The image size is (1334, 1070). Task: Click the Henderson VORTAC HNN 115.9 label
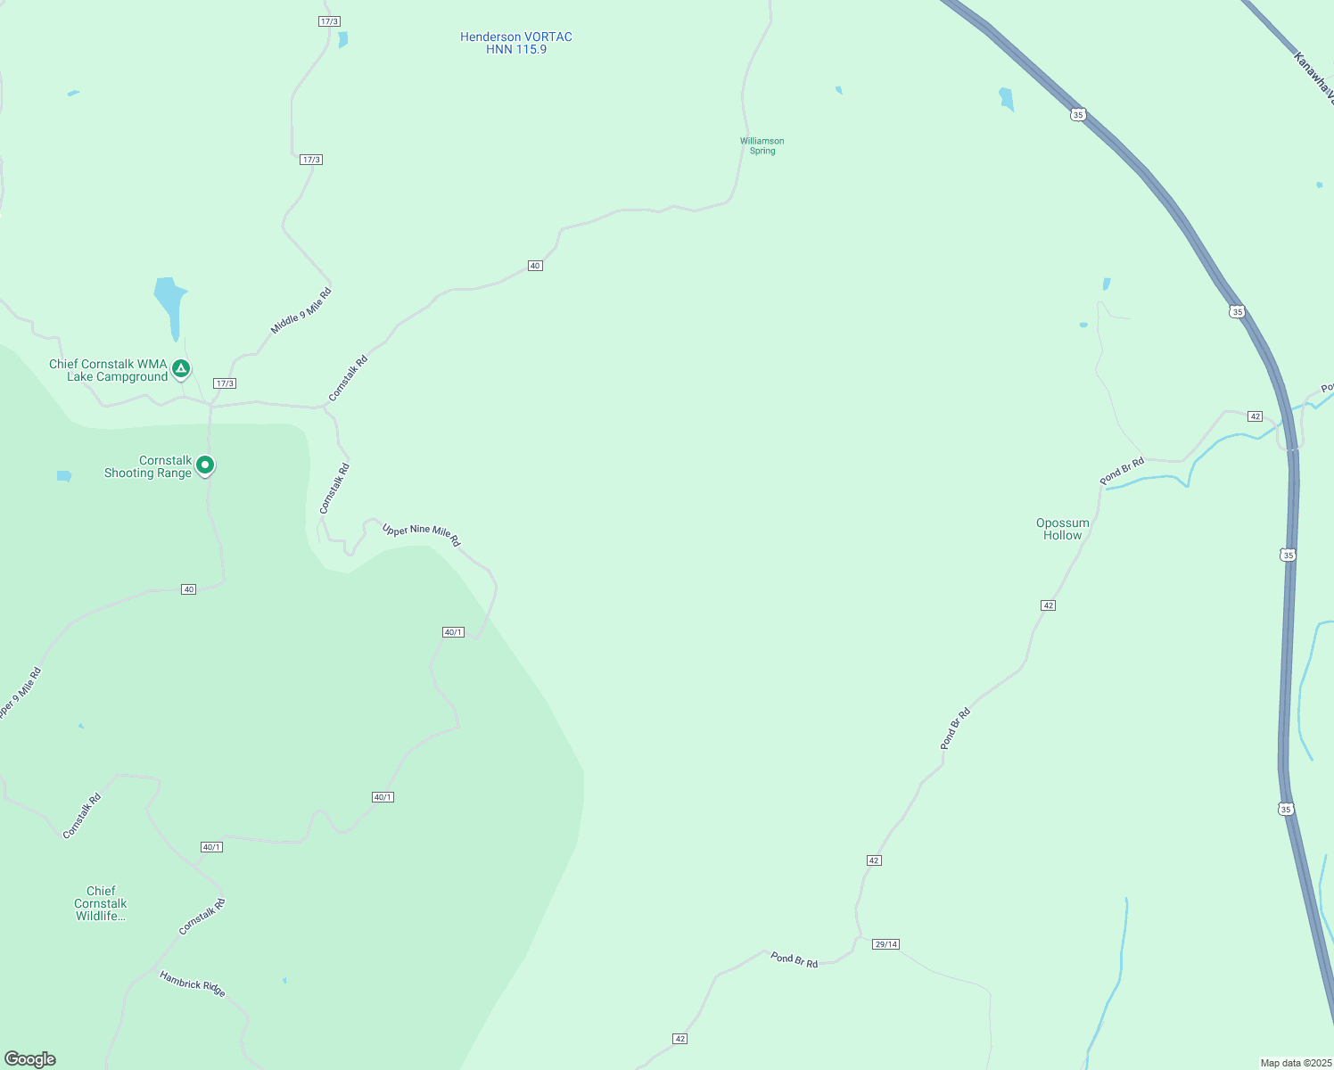(x=516, y=43)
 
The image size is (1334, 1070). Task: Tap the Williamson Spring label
(x=762, y=146)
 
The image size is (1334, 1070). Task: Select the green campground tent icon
(x=181, y=368)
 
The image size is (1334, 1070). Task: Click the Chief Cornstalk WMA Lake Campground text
(x=108, y=370)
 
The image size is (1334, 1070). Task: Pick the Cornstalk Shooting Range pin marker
(x=205, y=465)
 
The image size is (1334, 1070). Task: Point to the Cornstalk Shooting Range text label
(x=148, y=467)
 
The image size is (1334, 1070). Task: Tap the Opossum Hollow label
(x=1062, y=529)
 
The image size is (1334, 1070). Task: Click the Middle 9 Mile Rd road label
(x=301, y=311)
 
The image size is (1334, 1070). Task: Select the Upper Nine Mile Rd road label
(x=421, y=534)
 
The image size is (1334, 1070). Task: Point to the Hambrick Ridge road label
(x=193, y=984)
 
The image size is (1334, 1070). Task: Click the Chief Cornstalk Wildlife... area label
(x=101, y=903)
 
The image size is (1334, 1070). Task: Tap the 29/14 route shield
(x=885, y=944)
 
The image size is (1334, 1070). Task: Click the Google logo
(x=30, y=1059)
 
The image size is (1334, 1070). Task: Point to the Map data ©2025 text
(x=1296, y=1063)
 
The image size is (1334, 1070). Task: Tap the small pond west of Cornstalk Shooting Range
(x=64, y=476)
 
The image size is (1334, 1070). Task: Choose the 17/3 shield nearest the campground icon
(x=225, y=383)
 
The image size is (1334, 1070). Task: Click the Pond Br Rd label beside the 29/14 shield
(x=795, y=960)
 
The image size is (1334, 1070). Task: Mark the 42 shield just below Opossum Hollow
(x=1048, y=605)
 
